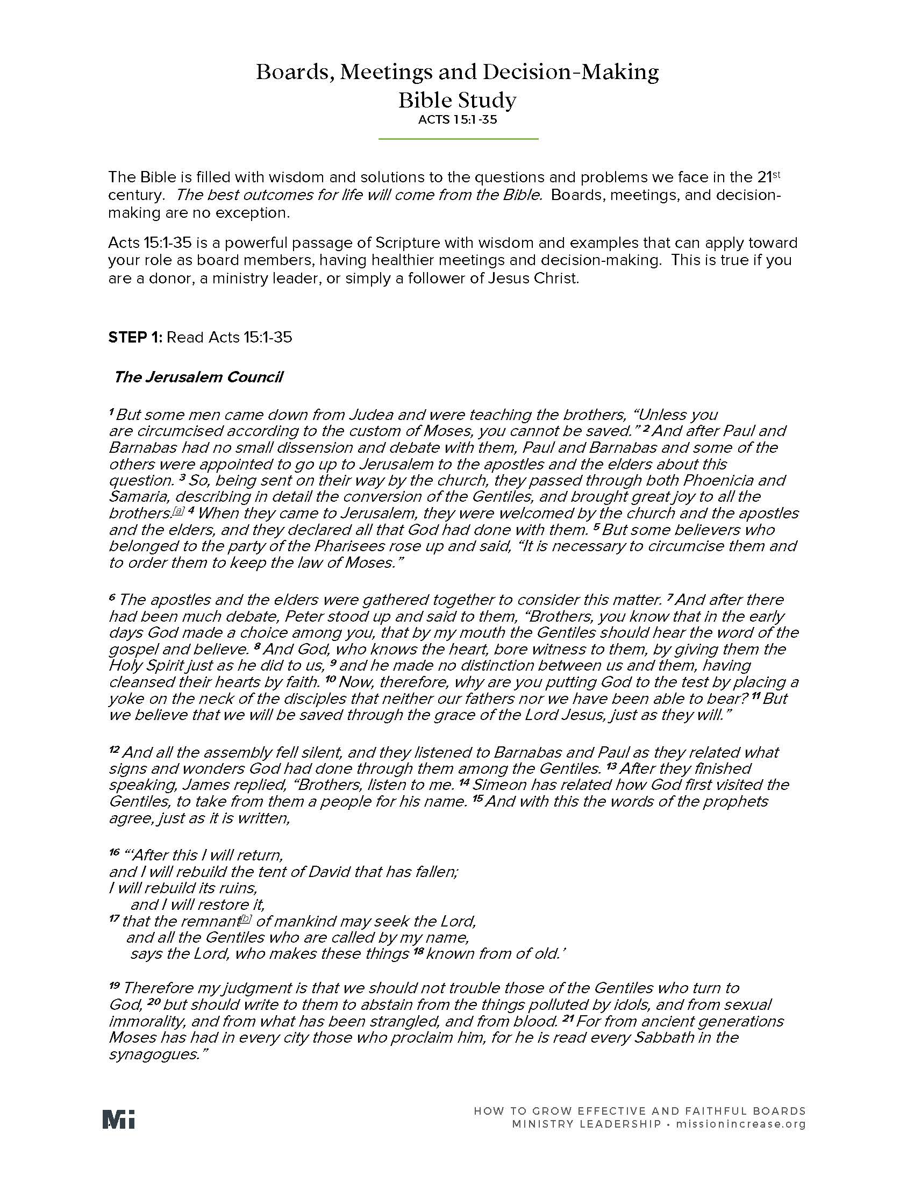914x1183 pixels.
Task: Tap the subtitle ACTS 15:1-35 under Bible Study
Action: [457, 120]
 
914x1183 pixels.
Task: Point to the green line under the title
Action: [458, 139]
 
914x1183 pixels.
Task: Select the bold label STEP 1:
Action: [135, 338]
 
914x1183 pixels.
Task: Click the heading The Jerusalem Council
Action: [198, 377]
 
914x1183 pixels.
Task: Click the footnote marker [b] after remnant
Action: [246, 918]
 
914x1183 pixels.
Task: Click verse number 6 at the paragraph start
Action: [112, 598]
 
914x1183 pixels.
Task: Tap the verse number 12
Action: [113, 750]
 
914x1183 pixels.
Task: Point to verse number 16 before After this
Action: [113, 853]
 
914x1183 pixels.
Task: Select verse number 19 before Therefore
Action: [114, 986]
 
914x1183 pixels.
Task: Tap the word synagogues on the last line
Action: [154, 1054]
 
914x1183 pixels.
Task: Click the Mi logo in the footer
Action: [119, 1119]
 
